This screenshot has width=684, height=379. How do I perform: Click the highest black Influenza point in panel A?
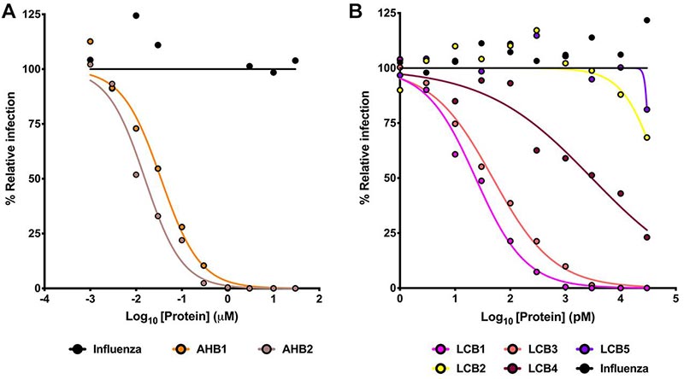click(136, 15)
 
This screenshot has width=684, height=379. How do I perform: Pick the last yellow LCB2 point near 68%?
click(646, 137)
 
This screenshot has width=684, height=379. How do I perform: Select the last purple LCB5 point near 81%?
click(646, 109)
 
